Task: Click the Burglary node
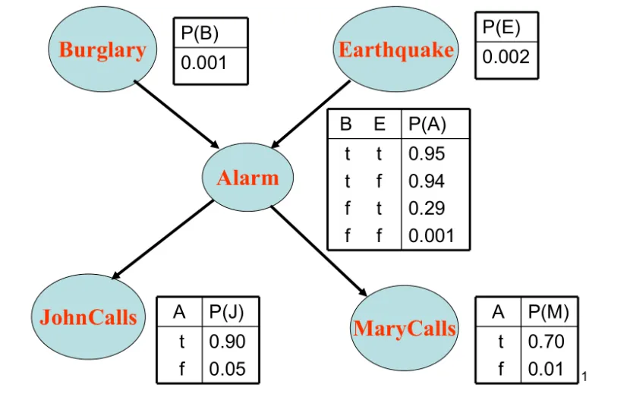tap(102, 49)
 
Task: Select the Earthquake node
tap(396, 49)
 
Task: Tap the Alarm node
tap(247, 177)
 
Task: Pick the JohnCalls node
tap(88, 317)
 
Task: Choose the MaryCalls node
tap(405, 328)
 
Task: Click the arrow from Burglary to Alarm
tap(176, 115)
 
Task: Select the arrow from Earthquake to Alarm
tap(310, 115)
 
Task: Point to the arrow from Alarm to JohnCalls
tap(162, 239)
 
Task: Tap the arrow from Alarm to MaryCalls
tap(319, 251)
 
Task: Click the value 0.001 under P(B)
tap(204, 63)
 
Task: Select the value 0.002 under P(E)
tap(506, 56)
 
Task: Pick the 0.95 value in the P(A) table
tap(427, 153)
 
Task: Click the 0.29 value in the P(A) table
tap(427, 208)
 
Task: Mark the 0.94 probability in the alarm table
tap(427, 181)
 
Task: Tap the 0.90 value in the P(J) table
tap(227, 342)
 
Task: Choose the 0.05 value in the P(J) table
tap(227, 369)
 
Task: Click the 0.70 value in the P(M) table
tap(546, 342)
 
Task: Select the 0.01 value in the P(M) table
tap(546, 369)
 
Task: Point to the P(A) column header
tap(427, 124)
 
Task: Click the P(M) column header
tap(548, 312)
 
